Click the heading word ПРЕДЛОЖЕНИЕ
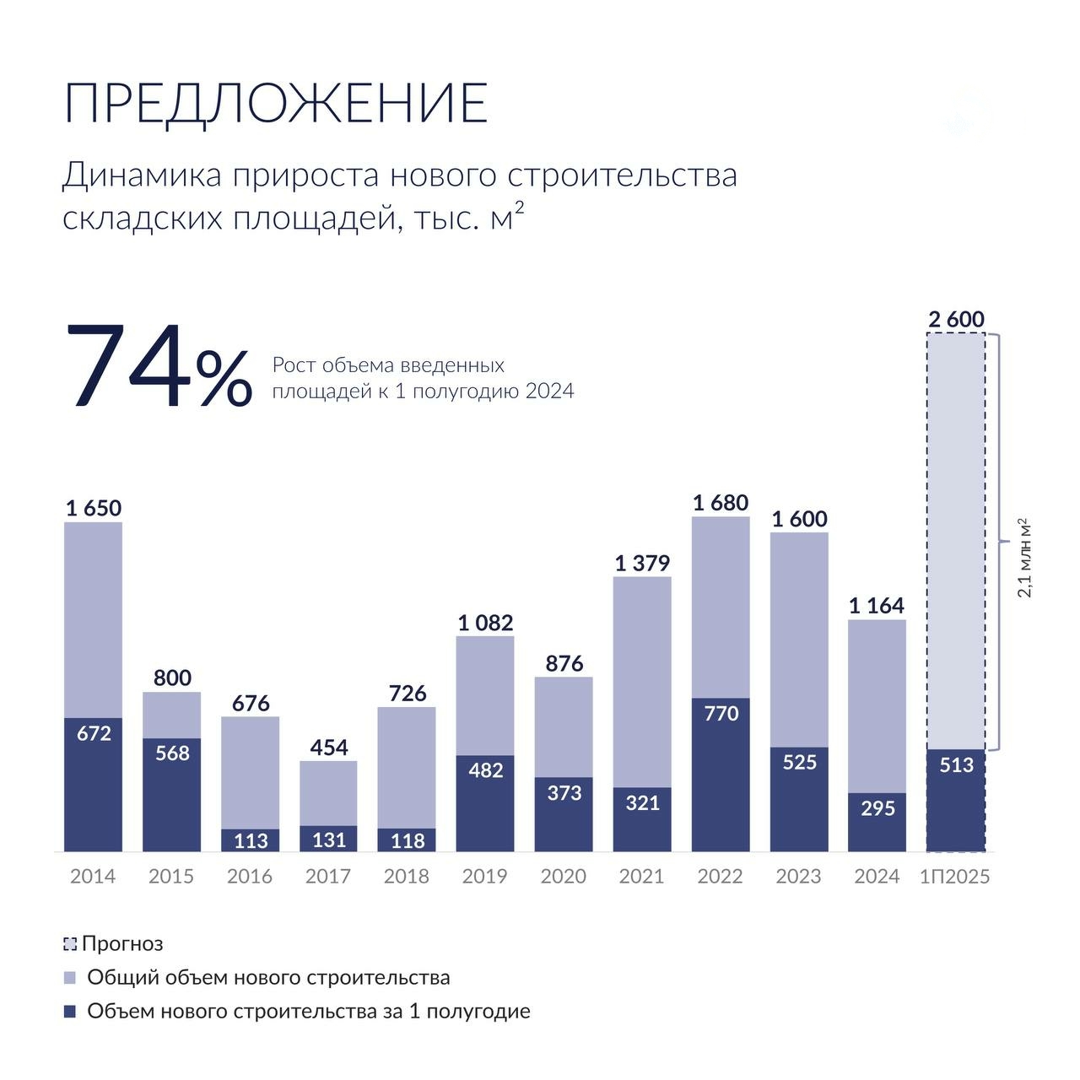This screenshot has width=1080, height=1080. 276,104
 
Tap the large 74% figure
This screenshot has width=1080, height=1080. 158,370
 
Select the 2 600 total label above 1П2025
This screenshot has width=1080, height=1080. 956,320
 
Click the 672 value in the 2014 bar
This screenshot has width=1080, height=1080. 94,734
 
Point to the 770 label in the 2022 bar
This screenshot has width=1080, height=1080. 720,714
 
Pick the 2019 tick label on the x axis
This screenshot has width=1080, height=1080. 484,877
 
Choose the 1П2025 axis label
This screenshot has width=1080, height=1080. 955,877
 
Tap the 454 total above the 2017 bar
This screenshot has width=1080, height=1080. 328,748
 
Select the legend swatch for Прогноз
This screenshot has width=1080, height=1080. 70,944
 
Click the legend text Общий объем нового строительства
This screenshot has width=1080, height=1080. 268,978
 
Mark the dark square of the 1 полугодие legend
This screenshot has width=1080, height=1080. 70,1011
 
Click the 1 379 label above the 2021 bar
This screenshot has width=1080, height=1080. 642,564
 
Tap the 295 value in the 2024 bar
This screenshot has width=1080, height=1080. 877,809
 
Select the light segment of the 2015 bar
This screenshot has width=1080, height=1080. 171,715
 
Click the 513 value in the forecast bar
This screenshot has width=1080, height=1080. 956,765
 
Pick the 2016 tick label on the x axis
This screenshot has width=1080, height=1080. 250,877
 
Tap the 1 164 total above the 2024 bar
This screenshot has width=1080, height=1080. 877,606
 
